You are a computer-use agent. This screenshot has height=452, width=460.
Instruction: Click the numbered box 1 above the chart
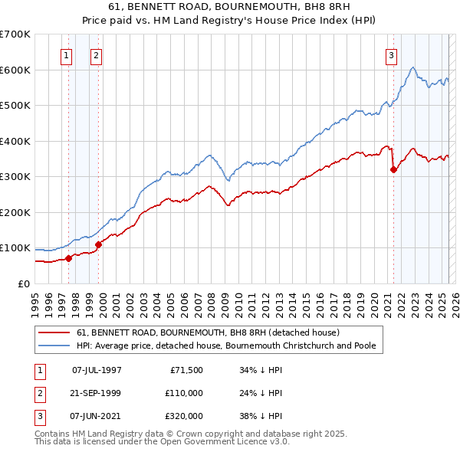(66, 55)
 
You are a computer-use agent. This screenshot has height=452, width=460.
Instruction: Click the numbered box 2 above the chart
(96, 55)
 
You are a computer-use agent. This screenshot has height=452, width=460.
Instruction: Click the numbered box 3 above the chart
(391, 55)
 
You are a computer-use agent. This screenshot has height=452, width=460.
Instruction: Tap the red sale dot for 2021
(393, 170)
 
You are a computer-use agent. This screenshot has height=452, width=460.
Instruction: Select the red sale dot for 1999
(98, 244)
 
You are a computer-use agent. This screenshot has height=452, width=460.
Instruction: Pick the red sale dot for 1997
(69, 258)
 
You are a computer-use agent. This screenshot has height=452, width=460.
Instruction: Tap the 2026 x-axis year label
(454, 299)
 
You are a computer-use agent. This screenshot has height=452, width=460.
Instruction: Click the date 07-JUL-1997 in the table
(97, 370)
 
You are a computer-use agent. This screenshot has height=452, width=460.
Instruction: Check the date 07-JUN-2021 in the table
(97, 416)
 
